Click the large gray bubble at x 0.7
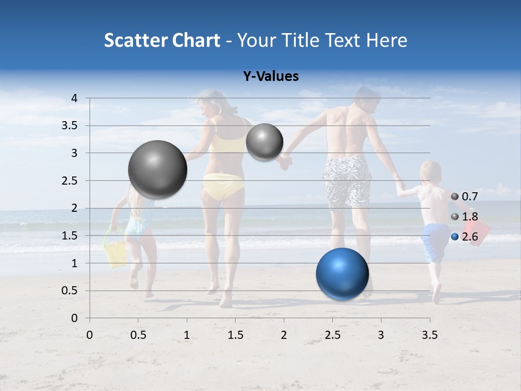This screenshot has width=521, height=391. point(157,169)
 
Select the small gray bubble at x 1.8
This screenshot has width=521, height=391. point(264,142)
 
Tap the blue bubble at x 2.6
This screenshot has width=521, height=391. point(342,274)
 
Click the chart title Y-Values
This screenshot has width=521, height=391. point(271,77)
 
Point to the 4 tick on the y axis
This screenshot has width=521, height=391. point(74,98)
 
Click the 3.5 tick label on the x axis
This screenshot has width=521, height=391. point(429,335)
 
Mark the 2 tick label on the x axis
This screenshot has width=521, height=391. point(283,335)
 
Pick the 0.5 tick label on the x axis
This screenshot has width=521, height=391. point(138,335)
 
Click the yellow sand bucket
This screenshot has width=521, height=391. point(116,254)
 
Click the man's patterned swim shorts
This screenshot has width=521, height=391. point(347,181)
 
